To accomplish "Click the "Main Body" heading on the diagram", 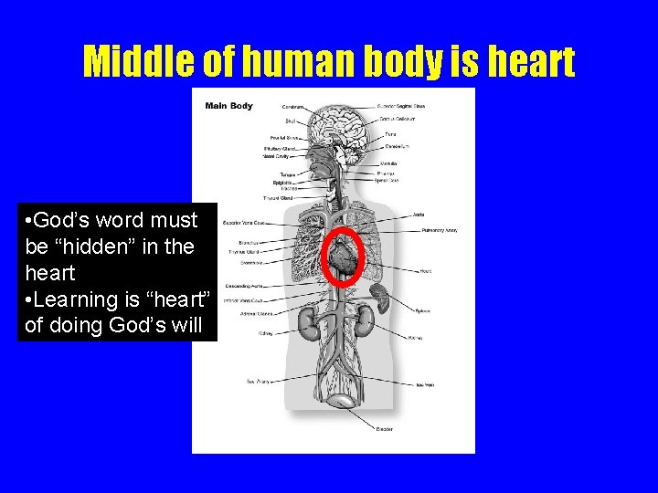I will (x=228, y=106).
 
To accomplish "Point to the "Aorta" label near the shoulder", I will (x=418, y=215).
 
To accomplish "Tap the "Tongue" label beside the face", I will (x=286, y=174).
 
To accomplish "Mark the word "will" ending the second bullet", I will (x=185, y=326).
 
